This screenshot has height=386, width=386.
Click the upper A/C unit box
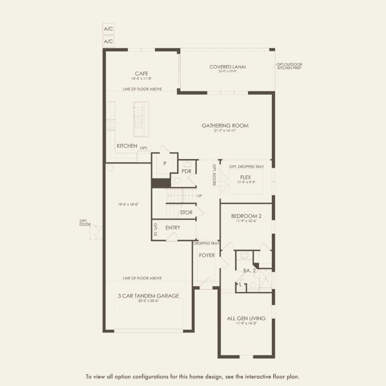(108, 29)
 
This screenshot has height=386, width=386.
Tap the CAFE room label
(141, 74)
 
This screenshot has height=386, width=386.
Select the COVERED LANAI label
(227, 67)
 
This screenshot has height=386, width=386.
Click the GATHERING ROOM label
(225, 125)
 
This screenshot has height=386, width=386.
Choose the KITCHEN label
(127, 146)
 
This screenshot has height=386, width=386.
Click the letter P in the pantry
(165, 164)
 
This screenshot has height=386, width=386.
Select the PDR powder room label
(186, 171)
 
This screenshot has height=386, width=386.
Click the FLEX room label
(245, 177)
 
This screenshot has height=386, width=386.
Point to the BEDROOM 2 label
(246, 216)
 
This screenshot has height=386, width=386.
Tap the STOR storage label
(186, 213)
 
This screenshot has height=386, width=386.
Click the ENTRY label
(173, 227)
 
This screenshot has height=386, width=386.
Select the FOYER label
(207, 255)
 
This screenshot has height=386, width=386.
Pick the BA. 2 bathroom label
(250, 271)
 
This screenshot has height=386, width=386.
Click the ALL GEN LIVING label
(246, 319)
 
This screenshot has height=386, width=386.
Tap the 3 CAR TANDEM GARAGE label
(148, 296)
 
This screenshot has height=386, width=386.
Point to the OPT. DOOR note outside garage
(85, 222)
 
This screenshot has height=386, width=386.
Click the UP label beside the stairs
(200, 196)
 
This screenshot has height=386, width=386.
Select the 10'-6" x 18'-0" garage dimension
(128, 204)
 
